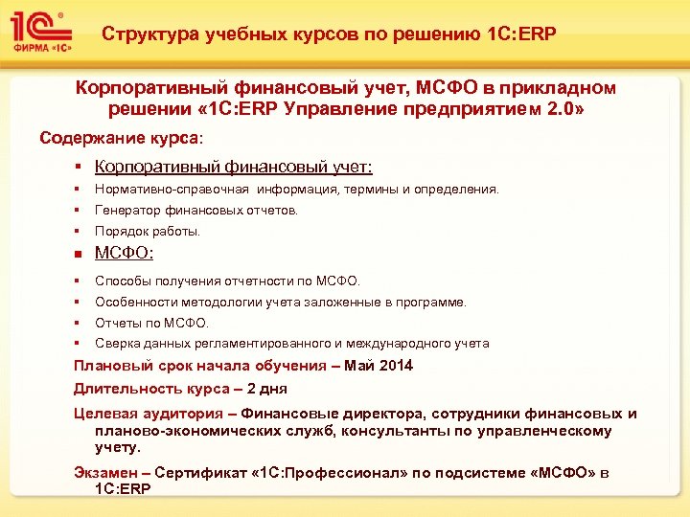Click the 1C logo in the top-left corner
point(39,30)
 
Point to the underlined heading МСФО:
point(126,255)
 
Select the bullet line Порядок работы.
point(148,231)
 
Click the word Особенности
point(135,302)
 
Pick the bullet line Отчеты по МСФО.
point(151,323)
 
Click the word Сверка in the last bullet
point(115,343)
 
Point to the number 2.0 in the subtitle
point(564,107)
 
